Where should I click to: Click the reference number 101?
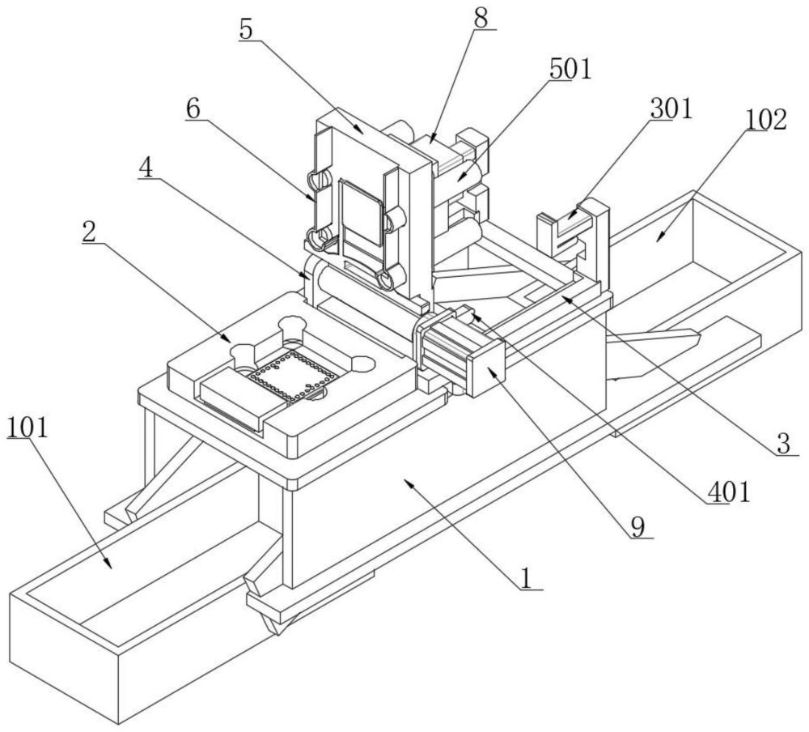tap(28, 428)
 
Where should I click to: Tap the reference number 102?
tap(765, 120)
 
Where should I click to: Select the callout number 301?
tap(671, 109)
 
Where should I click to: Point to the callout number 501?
tap(570, 69)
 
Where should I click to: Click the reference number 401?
tap(728, 493)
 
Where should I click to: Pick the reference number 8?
tap(481, 19)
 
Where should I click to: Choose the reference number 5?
tap(247, 31)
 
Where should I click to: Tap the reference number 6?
tap(193, 109)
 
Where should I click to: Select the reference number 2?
tap(89, 233)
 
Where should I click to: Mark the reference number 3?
tap(784, 444)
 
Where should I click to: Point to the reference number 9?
tap(638, 527)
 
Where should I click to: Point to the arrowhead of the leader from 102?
tap(660, 237)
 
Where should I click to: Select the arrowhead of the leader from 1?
tap(408, 483)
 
